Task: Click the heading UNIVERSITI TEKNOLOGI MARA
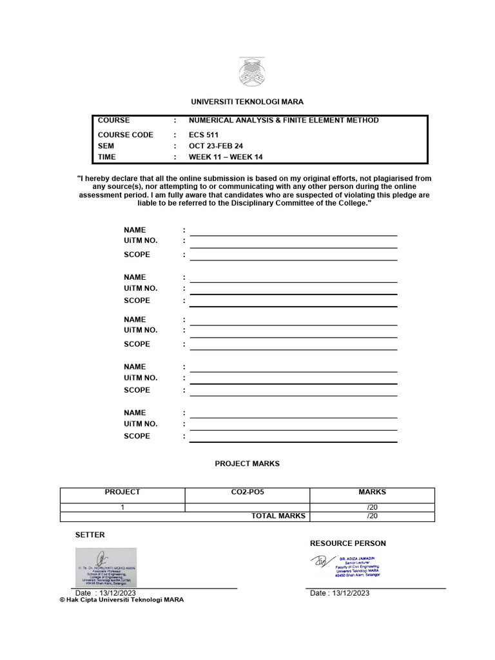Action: tap(247, 102)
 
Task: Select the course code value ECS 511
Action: tap(203, 135)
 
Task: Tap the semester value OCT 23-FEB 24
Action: tap(215, 146)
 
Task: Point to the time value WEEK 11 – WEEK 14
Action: tap(226, 157)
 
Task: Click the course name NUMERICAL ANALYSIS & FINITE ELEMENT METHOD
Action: tap(284, 121)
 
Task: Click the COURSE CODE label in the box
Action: tap(126, 135)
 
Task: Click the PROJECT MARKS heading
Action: tap(247, 463)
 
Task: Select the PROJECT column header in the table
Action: tap(122, 492)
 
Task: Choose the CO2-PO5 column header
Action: tap(247, 492)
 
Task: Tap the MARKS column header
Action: tap(372, 492)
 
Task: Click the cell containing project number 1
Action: tap(122, 507)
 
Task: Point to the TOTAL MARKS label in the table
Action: tap(278, 516)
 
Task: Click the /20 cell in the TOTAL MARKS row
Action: tap(372, 516)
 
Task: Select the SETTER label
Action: tap(90, 535)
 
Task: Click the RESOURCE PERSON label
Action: tap(348, 543)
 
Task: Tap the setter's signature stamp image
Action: tap(106, 567)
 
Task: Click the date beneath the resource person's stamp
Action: tap(340, 593)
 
